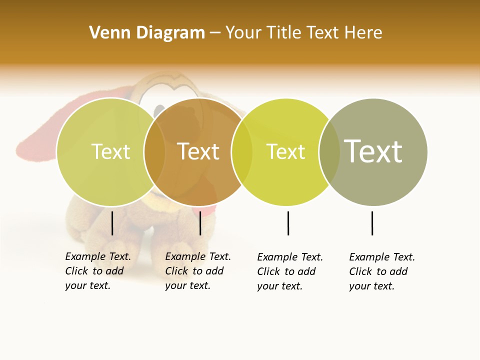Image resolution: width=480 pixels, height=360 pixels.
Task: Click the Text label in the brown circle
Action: tap(198, 151)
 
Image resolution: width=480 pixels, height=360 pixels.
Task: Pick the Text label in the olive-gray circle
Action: tap(373, 151)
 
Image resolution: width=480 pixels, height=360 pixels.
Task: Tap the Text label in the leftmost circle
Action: tap(110, 151)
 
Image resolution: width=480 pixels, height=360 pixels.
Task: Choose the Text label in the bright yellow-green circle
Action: tap(285, 151)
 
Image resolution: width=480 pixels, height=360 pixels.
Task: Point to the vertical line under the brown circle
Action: tap(200, 223)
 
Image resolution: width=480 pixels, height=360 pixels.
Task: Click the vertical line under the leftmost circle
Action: tap(112, 223)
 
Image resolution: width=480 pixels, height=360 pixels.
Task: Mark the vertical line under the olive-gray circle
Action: tap(372, 223)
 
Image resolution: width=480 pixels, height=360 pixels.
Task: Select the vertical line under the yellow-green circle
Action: tap(288, 223)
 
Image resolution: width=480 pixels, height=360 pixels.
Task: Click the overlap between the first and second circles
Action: tap(154, 152)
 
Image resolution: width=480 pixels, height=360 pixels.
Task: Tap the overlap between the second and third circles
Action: tap(242, 152)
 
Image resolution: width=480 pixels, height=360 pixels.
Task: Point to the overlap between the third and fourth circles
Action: tap(329, 152)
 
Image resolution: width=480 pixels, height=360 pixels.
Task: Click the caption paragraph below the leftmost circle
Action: tap(97, 271)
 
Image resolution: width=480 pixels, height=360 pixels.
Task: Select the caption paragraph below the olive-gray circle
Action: tap(381, 271)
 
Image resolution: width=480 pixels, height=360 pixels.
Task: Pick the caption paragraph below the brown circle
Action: tap(197, 271)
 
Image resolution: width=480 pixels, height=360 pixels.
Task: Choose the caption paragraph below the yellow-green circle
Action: tap(289, 271)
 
